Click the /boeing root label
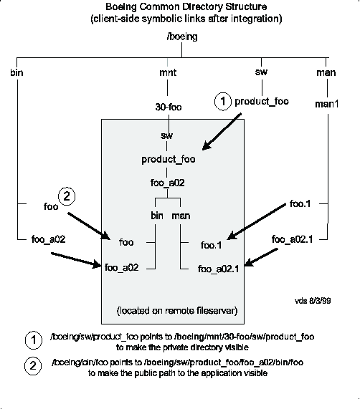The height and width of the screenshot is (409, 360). click(x=182, y=37)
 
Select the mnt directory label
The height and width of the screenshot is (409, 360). click(x=168, y=72)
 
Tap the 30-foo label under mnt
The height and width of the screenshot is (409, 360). click(x=169, y=107)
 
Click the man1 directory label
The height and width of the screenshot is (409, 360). click(x=327, y=104)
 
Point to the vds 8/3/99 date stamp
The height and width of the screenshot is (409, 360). click(x=313, y=301)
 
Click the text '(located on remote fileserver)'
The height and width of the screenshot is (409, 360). click(x=177, y=311)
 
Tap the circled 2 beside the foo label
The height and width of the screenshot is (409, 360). click(x=67, y=196)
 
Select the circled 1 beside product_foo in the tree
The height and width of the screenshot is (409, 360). click(x=223, y=102)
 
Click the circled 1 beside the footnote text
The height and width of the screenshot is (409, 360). click(x=34, y=340)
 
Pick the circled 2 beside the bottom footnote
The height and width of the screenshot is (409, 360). click(x=33, y=366)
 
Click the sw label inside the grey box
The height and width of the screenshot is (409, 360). click(x=167, y=135)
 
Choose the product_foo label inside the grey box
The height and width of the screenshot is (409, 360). click(x=169, y=160)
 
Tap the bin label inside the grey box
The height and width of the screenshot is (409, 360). click(x=157, y=216)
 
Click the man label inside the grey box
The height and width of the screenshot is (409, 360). click(x=181, y=216)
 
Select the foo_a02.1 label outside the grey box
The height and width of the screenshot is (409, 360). click(x=292, y=239)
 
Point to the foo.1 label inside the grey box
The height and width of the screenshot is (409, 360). click(x=212, y=245)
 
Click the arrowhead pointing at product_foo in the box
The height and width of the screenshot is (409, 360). click(x=207, y=145)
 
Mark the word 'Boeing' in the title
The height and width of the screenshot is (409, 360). click(x=121, y=7)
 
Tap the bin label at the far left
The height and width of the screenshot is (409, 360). click(x=16, y=72)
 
